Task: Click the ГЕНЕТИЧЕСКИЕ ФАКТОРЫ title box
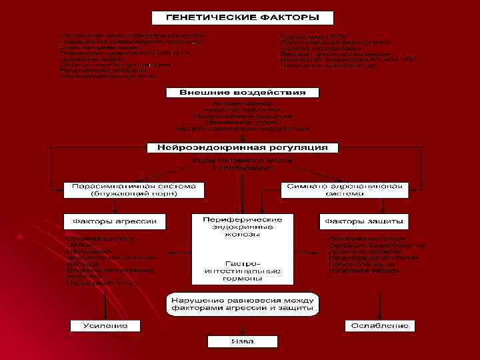pos(242,16)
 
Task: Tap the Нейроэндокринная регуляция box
pos(242,147)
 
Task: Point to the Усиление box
pos(106,326)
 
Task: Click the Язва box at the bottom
pos(241,341)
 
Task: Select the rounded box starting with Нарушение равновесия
pos(242,304)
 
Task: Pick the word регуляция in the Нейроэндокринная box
pos(297,147)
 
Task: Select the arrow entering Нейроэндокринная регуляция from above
pos(241,138)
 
